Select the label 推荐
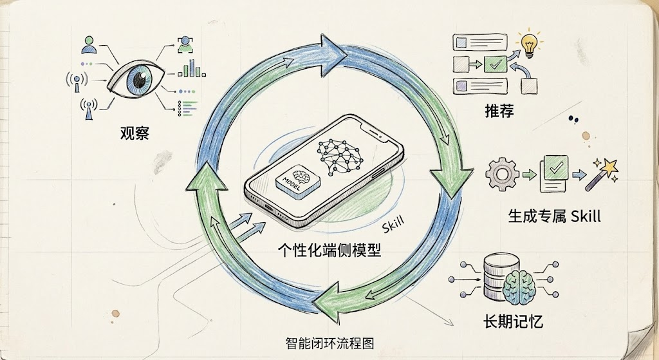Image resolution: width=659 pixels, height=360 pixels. click(x=499, y=111)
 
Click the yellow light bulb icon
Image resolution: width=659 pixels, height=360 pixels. click(x=530, y=43)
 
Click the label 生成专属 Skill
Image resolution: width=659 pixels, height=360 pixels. click(x=554, y=216)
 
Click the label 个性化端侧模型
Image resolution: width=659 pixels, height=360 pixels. click(x=328, y=250)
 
